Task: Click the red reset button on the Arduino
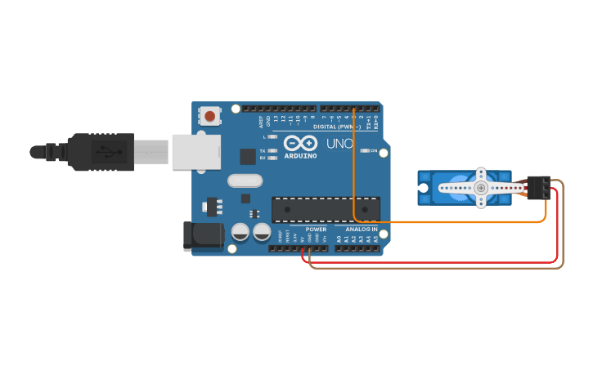(x=210, y=116)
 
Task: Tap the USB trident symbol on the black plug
(x=104, y=152)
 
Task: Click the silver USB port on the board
(x=196, y=152)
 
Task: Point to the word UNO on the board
(x=339, y=144)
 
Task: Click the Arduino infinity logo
(x=300, y=143)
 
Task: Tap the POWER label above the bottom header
(x=316, y=230)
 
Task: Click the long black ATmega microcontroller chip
(x=326, y=209)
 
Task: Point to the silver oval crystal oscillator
(x=245, y=181)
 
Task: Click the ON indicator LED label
(x=373, y=150)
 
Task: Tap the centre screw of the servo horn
(x=481, y=188)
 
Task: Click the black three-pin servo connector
(x=537, y=187)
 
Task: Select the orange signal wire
(x=450, y=221)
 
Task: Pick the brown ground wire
(x=434, y=268)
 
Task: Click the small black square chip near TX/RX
(x=247, y=156)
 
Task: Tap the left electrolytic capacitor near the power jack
(x=240, y=232)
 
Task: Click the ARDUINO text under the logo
(x=300, y=154)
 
